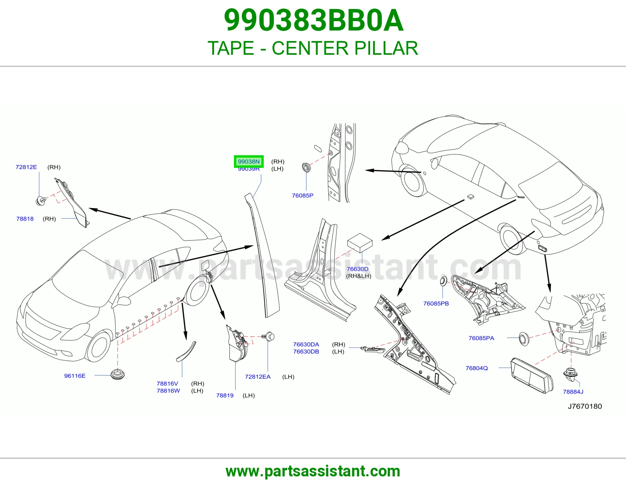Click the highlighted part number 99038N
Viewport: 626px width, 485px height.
tap(248, 162)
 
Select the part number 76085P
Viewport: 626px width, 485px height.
tap(302, 196)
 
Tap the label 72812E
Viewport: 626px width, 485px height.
tap(26, 167)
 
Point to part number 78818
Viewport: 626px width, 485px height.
tap(25, 219)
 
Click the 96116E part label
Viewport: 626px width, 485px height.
tap(75, 375)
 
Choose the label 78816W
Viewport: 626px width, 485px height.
tap(168, 390)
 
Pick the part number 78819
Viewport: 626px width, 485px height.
tap(225, 395)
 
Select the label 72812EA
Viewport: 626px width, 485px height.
tap(258, 377)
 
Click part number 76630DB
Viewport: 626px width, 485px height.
tap(306, 352)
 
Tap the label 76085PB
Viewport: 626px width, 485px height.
tap(436, 303)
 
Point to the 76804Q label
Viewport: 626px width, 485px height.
tap(477, 368)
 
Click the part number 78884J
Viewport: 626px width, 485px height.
tap(573, 392)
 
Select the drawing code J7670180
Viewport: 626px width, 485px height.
tap(585, 406)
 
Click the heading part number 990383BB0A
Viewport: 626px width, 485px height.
tap(314, 20)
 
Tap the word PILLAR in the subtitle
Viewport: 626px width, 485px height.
tap(386, 48)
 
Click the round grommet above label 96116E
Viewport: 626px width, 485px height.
tap(117, 374)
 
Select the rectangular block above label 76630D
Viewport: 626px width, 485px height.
tap(360, 243)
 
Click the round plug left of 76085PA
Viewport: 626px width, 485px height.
tap(524, 339)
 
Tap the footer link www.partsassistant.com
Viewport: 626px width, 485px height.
tap(313, 471)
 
